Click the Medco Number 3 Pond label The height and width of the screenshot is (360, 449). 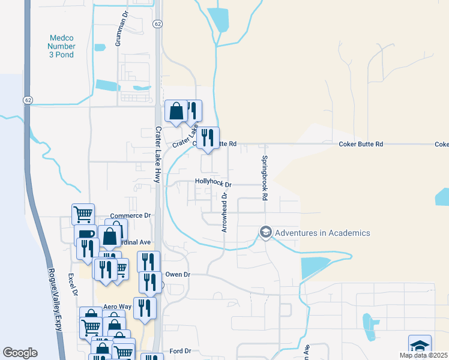click(x=62, y=46)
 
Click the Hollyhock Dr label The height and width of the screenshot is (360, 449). click(x=213, y=185)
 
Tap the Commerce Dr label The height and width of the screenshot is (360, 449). click(x=130, y=215)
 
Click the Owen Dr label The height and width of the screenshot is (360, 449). click(x=178, y=274)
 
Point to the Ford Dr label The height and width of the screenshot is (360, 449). click(x=179, y=350)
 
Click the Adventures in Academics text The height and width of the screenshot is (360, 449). click(x=323, y=233)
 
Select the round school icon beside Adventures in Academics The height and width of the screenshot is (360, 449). click(x=265, y=232)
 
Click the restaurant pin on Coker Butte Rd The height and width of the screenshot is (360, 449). click(x=208, y=137)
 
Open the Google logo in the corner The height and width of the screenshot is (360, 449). click(x=20, y=353)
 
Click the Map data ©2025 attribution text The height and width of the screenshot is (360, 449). click(x=423, y=355)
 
